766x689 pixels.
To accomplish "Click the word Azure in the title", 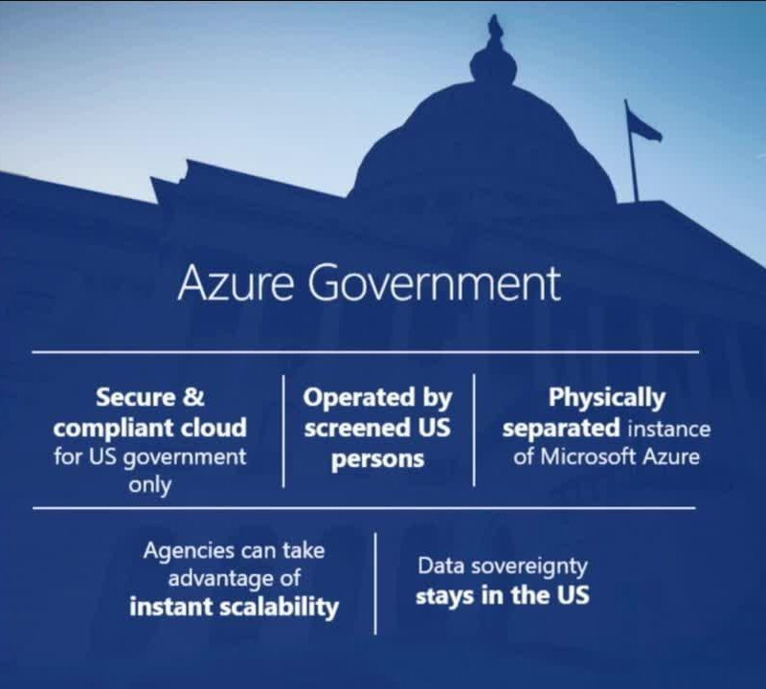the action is point(236,283).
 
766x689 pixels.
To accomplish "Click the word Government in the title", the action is point(435,283).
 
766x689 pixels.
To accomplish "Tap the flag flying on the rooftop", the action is point(643,125).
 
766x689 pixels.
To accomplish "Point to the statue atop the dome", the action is point(494,31).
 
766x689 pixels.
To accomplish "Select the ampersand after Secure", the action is point(193,396).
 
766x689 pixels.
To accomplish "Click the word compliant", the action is point(117,429).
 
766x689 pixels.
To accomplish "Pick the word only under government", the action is point(150,485).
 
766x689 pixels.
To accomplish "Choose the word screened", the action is point(356,429).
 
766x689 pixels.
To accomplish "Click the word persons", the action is point(377,460).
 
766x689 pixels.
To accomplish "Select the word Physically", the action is point(607,398).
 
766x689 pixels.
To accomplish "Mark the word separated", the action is point(561,429).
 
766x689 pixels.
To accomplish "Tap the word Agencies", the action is point(189,552).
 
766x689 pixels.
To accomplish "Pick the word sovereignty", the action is point(529,567).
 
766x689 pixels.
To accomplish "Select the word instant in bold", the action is point(171,607).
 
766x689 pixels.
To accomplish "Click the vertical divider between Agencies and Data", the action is point(375,584).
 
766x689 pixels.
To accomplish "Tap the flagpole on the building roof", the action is point(632,151).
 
